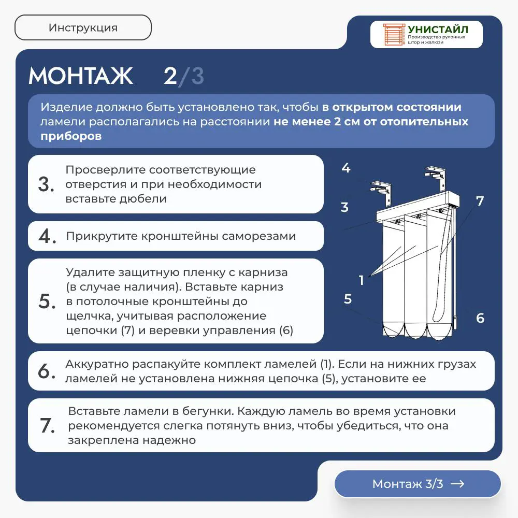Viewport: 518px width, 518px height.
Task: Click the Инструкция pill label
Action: pos(83,28)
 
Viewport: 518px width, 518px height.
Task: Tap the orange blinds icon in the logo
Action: pos(394,34)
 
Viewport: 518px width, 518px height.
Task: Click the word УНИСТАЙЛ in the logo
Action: pos(438,29)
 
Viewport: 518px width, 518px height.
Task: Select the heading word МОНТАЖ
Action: pos(81,76)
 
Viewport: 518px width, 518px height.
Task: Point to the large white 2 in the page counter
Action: pos(170,76)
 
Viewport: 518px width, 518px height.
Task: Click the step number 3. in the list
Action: pos(46,184)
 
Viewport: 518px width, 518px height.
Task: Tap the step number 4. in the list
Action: pos(47,236)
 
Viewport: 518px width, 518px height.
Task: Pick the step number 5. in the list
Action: pos(47,301)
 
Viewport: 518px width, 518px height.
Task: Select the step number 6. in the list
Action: pos(47,371)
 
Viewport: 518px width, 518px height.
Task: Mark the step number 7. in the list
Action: pos(47,425)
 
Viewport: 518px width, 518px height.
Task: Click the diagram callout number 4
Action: pos(346,168)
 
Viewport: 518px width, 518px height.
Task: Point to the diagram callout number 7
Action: pos(480,200)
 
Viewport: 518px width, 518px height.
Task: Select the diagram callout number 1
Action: pos(362,280)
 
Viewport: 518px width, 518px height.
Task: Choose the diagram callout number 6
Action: pos(480,318)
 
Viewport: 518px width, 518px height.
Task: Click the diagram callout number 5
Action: pos(348,299)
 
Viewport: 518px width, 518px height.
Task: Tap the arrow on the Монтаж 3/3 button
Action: pos(457,484)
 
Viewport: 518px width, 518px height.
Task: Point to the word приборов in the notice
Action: pos(71,136)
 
